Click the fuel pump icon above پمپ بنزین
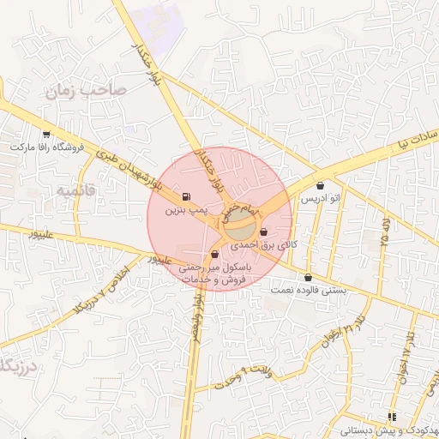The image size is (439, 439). [x=187, y=196]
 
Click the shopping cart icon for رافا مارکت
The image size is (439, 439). [x=46, y=134]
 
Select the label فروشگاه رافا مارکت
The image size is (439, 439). [x=46, y=147]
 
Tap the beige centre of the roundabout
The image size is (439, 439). [x=240, y=229]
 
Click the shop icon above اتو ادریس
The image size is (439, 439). [x=321, y=185]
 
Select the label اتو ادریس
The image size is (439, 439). [x=320, y=198]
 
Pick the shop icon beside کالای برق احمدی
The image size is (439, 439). [x=262, y=232]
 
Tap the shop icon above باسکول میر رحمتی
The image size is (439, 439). [x=214, y=255]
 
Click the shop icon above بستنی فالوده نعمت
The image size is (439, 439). [x=308, y=276]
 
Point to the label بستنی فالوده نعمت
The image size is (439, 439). [x=308, y=289]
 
